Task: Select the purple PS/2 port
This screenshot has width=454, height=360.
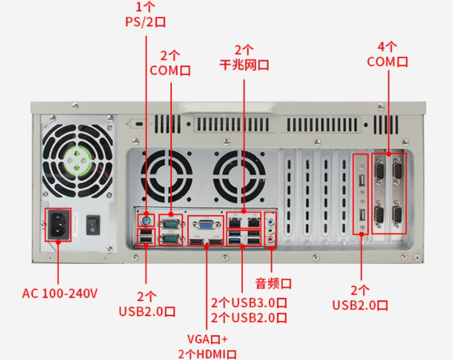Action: click(146, 219)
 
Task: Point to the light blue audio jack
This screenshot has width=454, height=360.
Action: click(271, 218)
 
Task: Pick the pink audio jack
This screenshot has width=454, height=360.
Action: click(271, 237)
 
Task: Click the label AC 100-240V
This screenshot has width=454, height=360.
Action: click(59, 293)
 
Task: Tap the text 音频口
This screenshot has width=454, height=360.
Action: click(273, 283)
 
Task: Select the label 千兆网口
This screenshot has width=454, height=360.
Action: click(244, 64)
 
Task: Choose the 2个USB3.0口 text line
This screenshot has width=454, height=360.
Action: click(249, 303)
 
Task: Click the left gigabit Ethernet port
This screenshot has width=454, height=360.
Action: click(236, 219)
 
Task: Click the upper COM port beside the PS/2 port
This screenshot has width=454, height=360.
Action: click(170, 222)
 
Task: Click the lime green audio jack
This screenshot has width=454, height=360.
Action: click(271, 228)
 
